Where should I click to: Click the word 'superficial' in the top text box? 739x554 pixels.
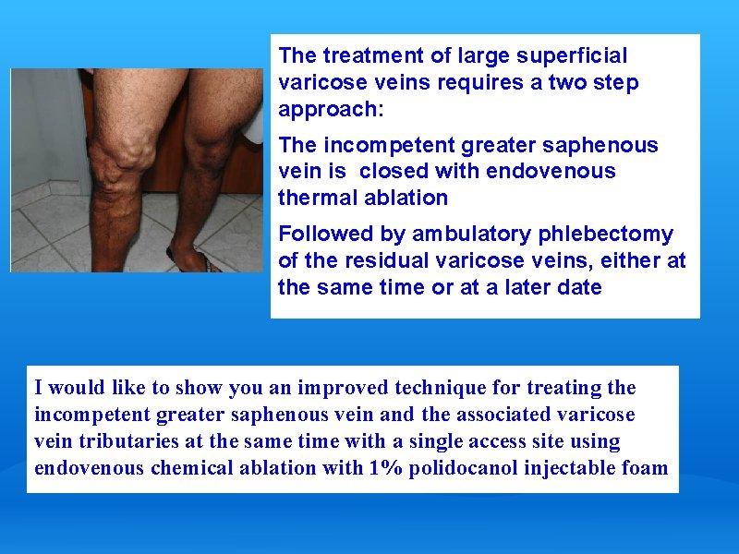point(574,56)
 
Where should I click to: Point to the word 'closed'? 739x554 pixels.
point(394,171)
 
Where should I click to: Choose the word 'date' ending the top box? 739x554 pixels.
point(579,286)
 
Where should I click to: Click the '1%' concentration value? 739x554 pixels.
point(385,467)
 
